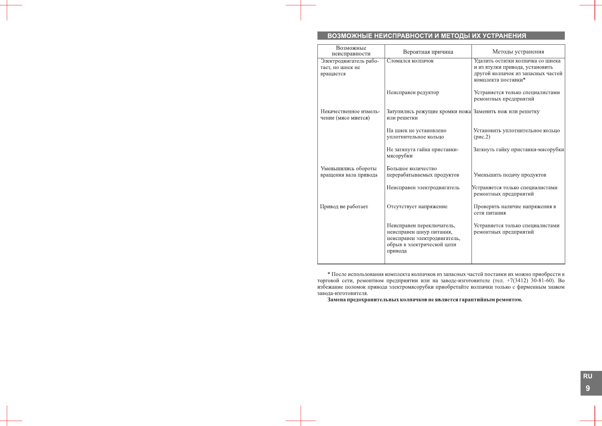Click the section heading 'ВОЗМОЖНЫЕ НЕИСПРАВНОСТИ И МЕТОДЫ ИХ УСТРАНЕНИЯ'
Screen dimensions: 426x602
[426, 36]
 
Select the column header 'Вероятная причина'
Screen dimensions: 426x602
[428, 52]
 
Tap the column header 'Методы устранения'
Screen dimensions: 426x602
[518, 52]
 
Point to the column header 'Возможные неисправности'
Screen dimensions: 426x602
[351, 51]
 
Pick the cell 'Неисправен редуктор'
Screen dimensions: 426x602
[413, 93]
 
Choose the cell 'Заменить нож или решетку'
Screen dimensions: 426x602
[506, 112]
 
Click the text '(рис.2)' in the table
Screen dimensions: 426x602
[482, 137]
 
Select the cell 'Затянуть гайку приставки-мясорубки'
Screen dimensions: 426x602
[518, 150]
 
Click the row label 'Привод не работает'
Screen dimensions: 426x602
[344, 207]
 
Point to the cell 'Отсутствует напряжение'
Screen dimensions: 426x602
[417, 207]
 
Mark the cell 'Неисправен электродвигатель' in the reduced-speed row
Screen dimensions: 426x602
[423, 187]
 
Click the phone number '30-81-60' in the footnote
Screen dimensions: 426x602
[542, 280]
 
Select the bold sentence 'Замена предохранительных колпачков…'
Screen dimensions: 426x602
[425, 300]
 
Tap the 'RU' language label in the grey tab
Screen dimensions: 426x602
[588, 376]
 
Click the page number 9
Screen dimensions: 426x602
[588, 388]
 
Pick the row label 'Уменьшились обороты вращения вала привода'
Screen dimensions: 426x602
[349, 172]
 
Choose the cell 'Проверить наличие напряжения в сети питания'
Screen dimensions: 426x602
[514, 210]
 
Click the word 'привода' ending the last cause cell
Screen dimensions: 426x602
[396, 251]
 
